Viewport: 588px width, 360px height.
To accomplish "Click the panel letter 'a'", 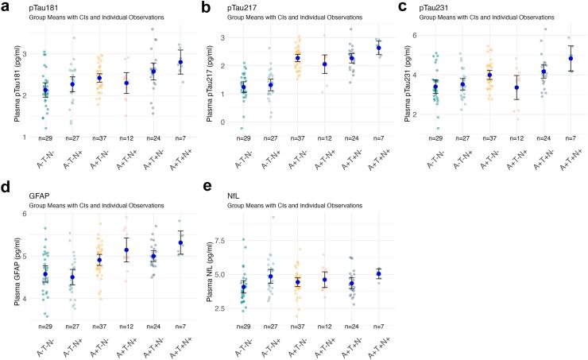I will coord(6,8).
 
